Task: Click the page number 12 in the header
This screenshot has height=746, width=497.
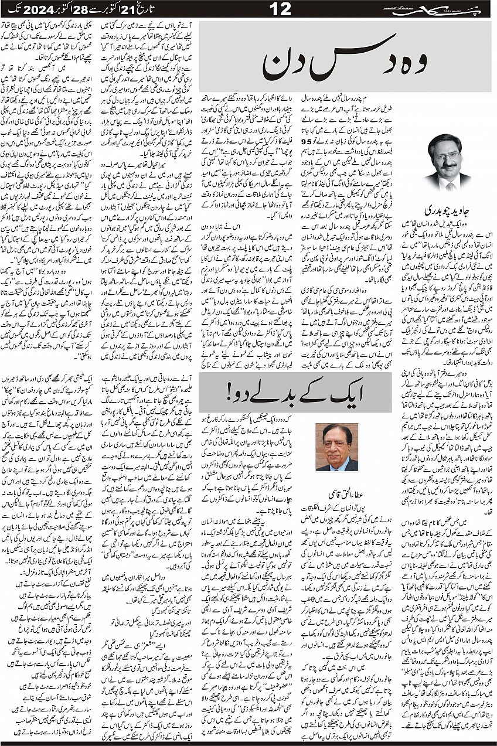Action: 249,9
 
